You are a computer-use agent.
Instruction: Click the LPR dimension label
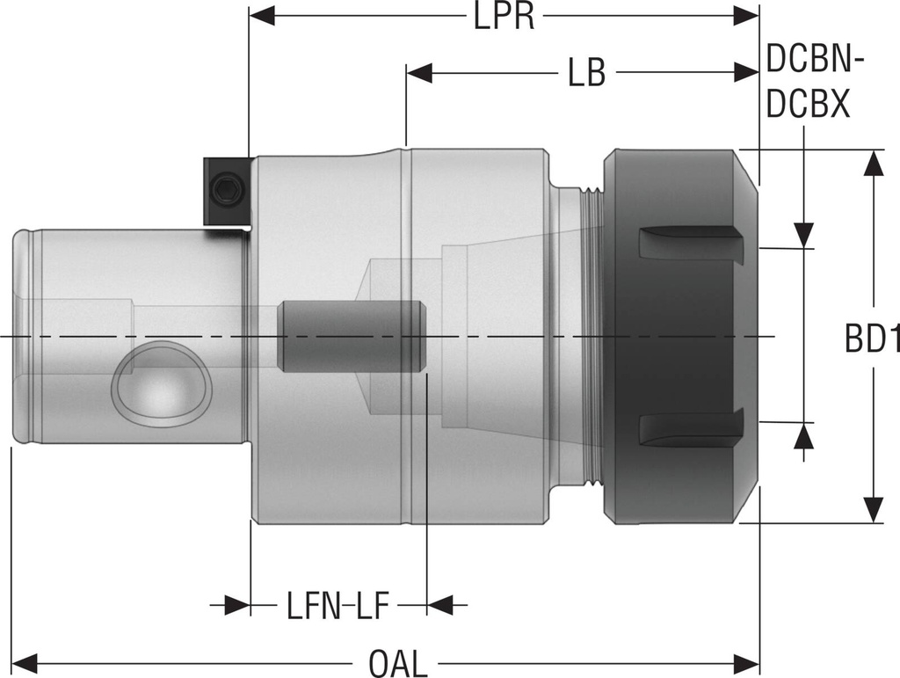504,17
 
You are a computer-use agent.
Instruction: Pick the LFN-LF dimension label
337,606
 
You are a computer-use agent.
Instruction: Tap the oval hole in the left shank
159,384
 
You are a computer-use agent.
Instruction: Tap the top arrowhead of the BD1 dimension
873,164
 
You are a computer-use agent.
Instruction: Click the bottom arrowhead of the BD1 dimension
873,509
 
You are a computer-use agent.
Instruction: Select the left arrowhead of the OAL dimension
23,661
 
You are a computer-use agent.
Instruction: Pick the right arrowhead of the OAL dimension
746,661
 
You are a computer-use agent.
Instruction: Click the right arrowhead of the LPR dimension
746,16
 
